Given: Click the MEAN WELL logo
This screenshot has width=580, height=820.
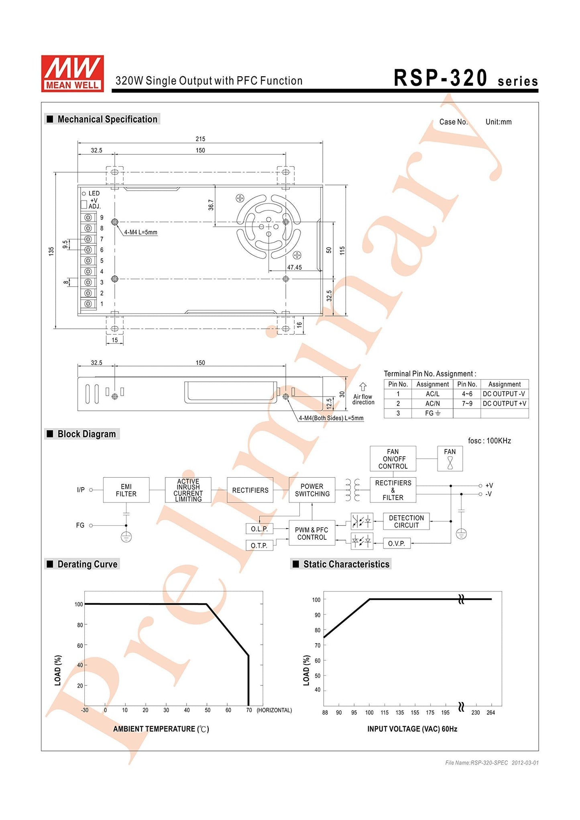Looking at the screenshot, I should pyautogui.click(x=72, y=73).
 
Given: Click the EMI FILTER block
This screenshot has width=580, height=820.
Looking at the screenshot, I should pyautogui.click(x=126, y=490).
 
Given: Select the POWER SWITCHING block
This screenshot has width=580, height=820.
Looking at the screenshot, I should pyautogui.click(x=312, y=490).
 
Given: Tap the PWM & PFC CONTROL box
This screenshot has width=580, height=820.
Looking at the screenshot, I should pyautogui.click(x=312, y=534).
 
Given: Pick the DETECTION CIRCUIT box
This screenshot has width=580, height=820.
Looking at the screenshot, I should pyautogui.click(x=406, y=521).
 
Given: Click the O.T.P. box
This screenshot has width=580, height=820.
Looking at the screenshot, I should pyautogui.click(x=259, y=545).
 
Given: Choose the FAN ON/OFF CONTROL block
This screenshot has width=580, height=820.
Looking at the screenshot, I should pyautogui.click(x=393, y=459).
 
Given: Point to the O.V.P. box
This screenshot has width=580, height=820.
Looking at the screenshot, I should pyautogui.click(x=397, y=544).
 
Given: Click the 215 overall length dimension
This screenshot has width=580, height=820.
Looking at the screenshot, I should pyautogui.click(x=200, y=139).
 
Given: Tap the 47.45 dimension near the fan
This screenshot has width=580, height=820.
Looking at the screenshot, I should pyautogui.click(x=294, y=267).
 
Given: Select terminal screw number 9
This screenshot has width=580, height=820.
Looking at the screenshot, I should pyautogui.click(x=88, y=217).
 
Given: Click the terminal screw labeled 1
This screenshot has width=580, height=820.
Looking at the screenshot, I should pyautogui.click(x=88, y=304).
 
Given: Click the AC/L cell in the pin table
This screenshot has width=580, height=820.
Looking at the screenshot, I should pyautogui.click(x=432, y=394).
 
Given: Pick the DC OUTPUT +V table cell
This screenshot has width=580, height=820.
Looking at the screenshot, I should pyautogui.click(x=504, y=403).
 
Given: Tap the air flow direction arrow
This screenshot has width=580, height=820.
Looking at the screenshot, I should pyautogui.click(x=363, y=387).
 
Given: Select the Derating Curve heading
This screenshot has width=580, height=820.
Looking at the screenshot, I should pyautogui.click(x=87, y=564).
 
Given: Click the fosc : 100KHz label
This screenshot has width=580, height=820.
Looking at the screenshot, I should pyautogui.click(x=489, y=441).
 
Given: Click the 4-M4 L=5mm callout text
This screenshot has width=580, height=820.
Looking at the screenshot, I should pyautogui.click(x=140, y=232).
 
